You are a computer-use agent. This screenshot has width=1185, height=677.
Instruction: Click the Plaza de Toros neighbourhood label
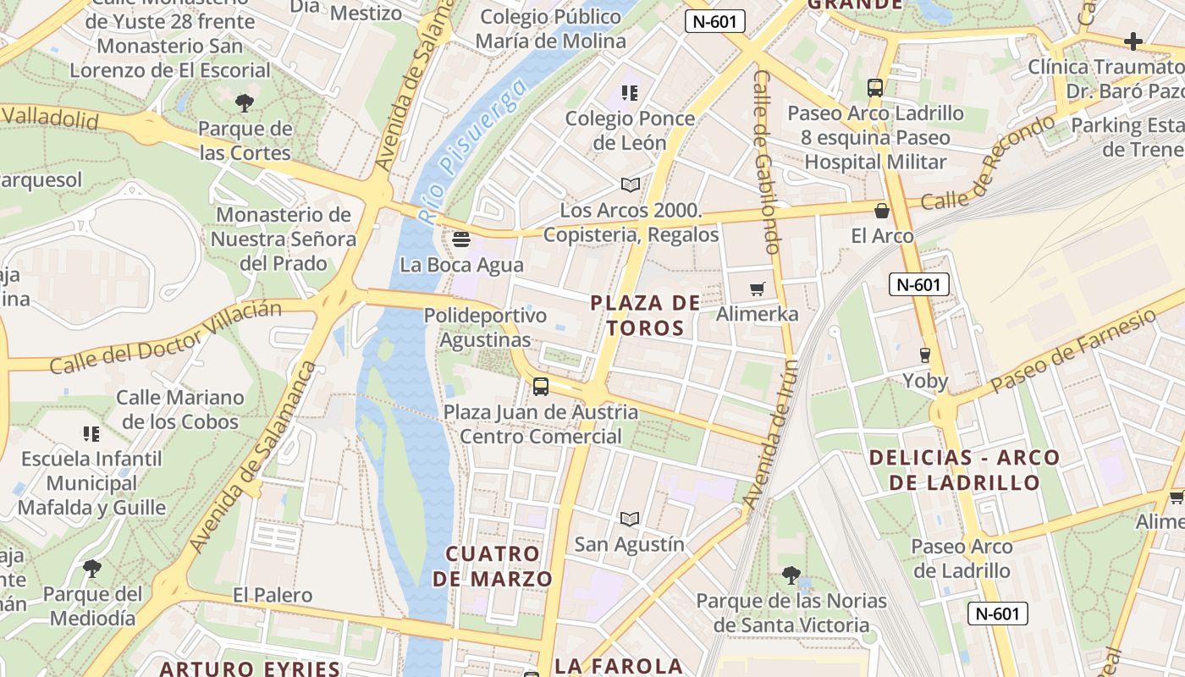tap(645, 316)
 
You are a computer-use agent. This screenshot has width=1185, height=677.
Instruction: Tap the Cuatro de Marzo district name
tap(493, 566)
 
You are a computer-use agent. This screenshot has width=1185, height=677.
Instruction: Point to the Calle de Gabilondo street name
tap(765, 162)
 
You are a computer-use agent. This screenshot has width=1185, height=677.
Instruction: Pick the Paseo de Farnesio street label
tap(1073, 350)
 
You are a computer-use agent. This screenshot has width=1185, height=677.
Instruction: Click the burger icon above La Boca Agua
tap(461, 239)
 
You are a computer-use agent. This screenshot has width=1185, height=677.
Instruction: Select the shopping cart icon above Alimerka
tap(758, 289)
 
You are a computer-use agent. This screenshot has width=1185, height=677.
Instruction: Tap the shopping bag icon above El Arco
tap(882, 211)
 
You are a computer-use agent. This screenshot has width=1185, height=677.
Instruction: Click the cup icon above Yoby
tap(925, 355)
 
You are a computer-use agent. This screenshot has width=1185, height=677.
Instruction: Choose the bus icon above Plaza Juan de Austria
tap(541, 387)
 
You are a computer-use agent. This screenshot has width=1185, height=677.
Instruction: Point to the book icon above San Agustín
tap(630, 519)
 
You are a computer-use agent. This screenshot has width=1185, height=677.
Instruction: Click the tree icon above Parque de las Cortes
tap(245, 103)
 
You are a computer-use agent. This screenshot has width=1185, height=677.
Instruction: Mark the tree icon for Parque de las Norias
tap(791, 575)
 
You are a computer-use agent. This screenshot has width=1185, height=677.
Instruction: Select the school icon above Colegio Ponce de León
tap(630, 93)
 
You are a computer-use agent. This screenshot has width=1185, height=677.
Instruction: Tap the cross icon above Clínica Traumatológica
tap(1133, 41)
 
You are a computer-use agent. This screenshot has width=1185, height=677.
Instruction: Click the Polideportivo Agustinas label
tap(485, 327)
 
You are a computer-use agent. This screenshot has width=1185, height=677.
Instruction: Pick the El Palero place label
tap(273, 595)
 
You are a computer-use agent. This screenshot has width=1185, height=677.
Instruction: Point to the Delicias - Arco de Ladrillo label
tap(964, 470)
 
